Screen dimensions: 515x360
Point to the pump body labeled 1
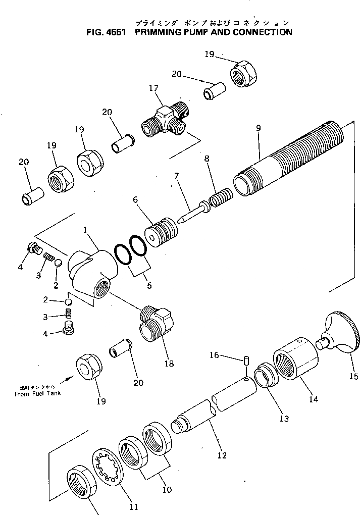92,271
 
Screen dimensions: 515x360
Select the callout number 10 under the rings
166,489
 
